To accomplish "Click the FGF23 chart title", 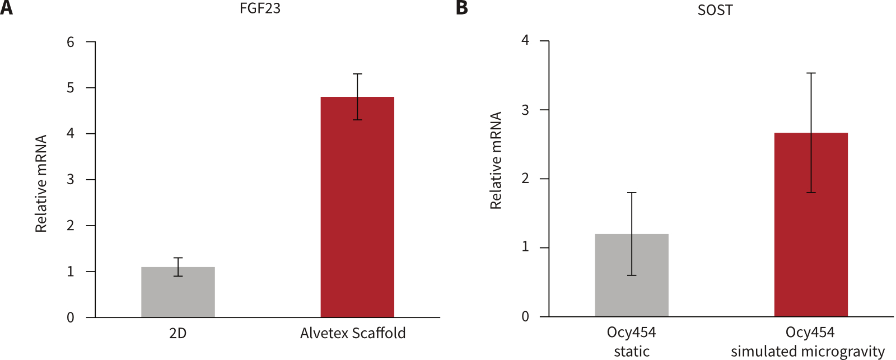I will [x=260, y=10].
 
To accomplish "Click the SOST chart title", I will [x=715, y=11].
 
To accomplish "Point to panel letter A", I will [x=6, y=8].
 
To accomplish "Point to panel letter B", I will [x=461, y=8].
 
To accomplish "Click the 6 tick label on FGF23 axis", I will [x=71, y=43].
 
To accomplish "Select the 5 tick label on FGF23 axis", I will [x=71, y=88].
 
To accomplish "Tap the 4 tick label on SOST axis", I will [x=525, y=41].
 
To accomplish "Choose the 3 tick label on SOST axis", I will [x=525, y=110].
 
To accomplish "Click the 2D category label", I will [x=178, y=334].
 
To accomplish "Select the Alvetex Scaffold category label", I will [x=353, y=334].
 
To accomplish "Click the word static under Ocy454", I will [x=631, y=352].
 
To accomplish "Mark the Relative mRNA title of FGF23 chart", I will [x=41, y=184].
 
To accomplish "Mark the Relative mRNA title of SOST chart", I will [x=496, y=161].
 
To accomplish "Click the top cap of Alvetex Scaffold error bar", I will [x=357, y=74].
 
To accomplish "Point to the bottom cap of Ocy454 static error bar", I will [x=631, y=275].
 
